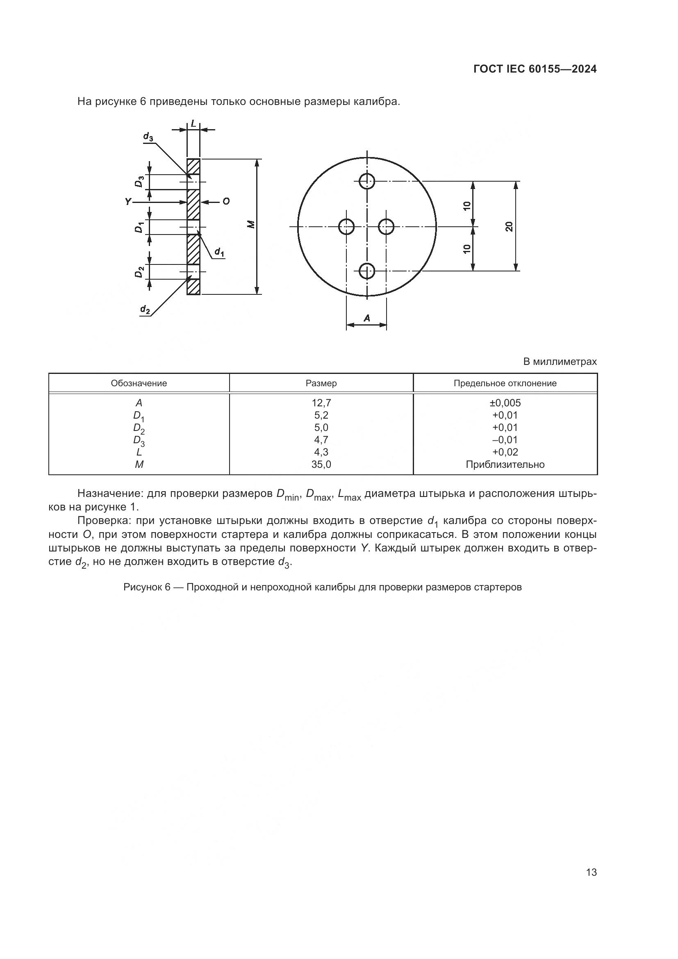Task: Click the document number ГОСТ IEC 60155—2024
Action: click(535, 69)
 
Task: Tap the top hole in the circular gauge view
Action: click(367, 181)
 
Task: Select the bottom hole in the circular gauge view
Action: click(367, 271)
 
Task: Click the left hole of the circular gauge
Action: click(346, 227)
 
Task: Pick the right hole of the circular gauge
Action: click(386, 227)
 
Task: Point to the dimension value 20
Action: click(509, 226)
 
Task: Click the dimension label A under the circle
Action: click(367, 318)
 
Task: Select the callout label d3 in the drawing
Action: click(148, 137)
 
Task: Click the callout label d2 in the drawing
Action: click(145, 309)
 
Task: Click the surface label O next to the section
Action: click(225, 202)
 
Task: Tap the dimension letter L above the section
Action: click(193, 124)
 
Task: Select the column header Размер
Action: click(321, 383)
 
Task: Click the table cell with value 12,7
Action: click(321, 403)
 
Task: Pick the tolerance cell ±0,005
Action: click(505, 403)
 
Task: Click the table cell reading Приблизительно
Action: click(505, 465)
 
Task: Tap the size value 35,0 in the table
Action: click(321, 465)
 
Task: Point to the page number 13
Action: click(591, 872)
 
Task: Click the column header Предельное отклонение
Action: click(505, 383)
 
